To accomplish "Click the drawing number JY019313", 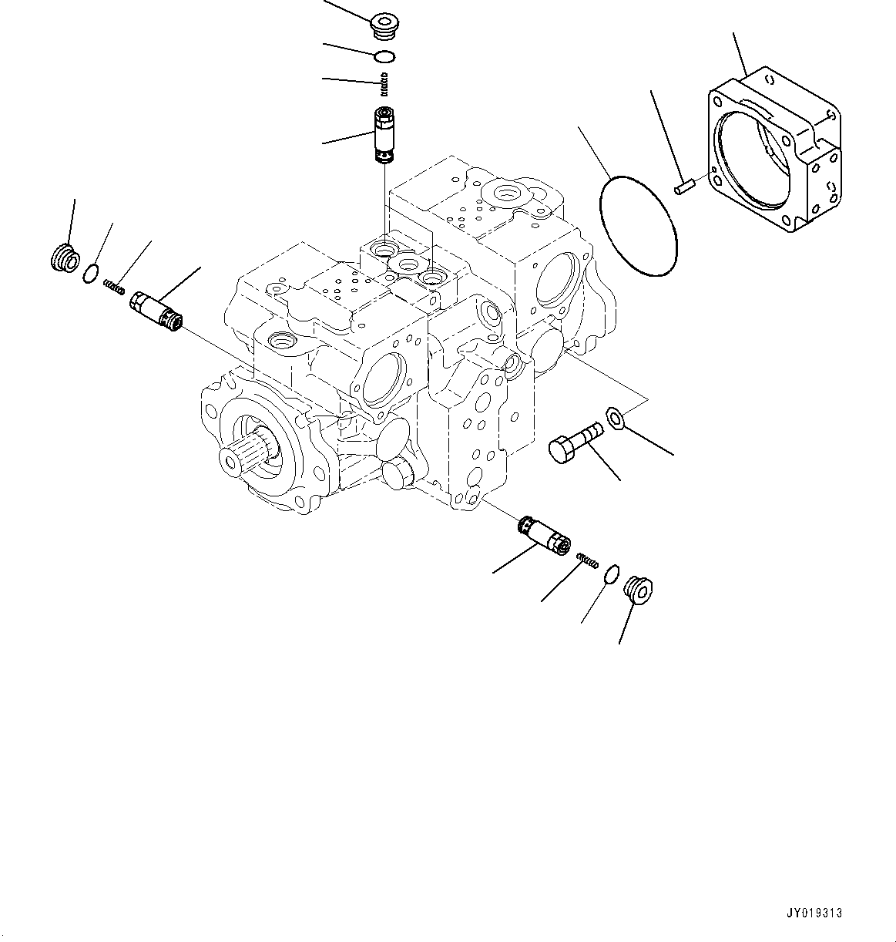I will click(x=815, y=913).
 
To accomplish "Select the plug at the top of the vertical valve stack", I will click(x=382, y=25).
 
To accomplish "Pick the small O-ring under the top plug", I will click(x=384, y=56).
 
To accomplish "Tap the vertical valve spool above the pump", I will click(x=383, y=135).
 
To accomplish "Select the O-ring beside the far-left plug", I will click(x=91, y=271).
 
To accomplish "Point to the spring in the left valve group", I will click(x=114, y=287).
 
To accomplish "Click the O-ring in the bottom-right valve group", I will click(x=610, y=574).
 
